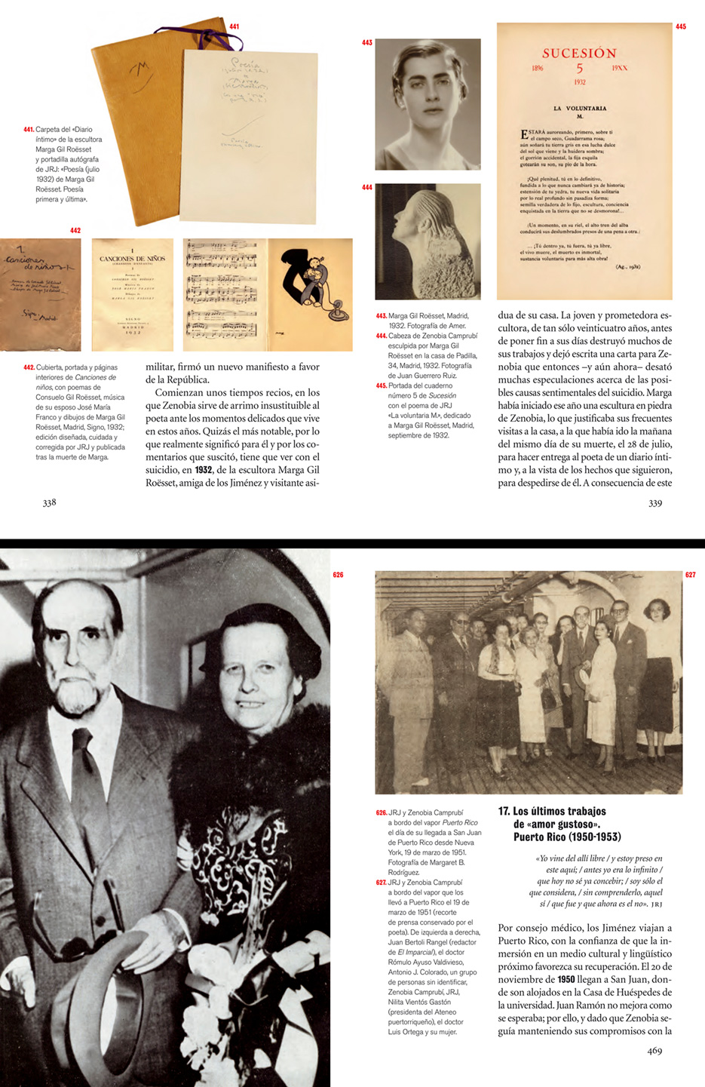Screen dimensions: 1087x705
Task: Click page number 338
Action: click(49, 502)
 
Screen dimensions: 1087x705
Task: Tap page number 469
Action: click(654, 1050)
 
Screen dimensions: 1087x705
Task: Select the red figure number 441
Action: click(234, 27)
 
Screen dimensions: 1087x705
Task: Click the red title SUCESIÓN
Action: click(579, 54)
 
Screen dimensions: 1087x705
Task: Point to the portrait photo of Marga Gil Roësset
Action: click(428, 103)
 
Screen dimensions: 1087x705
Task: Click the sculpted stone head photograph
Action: click(428, 241)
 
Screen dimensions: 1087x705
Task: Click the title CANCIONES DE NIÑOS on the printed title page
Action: click(133, 259)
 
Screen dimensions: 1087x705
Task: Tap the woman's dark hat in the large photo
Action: click(256, 641)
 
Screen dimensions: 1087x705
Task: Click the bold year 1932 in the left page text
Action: click(203, 470)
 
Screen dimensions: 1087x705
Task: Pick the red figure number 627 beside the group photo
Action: click(690, 575)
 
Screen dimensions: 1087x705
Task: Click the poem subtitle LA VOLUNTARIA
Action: click(580, 108)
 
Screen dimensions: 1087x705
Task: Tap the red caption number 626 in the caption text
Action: click(381, 812)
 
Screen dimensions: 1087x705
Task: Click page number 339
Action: click(654, 502)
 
